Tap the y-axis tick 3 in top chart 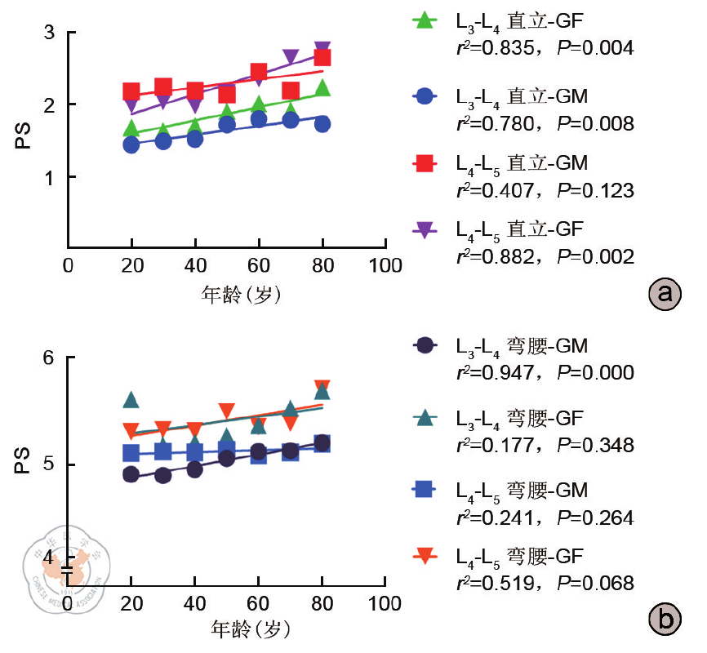coord(50,33)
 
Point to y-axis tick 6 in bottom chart coord(50,358)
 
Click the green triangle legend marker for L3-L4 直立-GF coord(424,20)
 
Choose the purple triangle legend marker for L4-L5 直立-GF coord(424,233)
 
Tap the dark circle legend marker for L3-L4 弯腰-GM coord(424,346)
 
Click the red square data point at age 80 coord(322,57)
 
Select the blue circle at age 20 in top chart coord(131,145)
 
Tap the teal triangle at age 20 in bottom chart coord(131,400)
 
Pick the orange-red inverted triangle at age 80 coord(322,387)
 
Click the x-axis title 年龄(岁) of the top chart coord(242,295)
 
